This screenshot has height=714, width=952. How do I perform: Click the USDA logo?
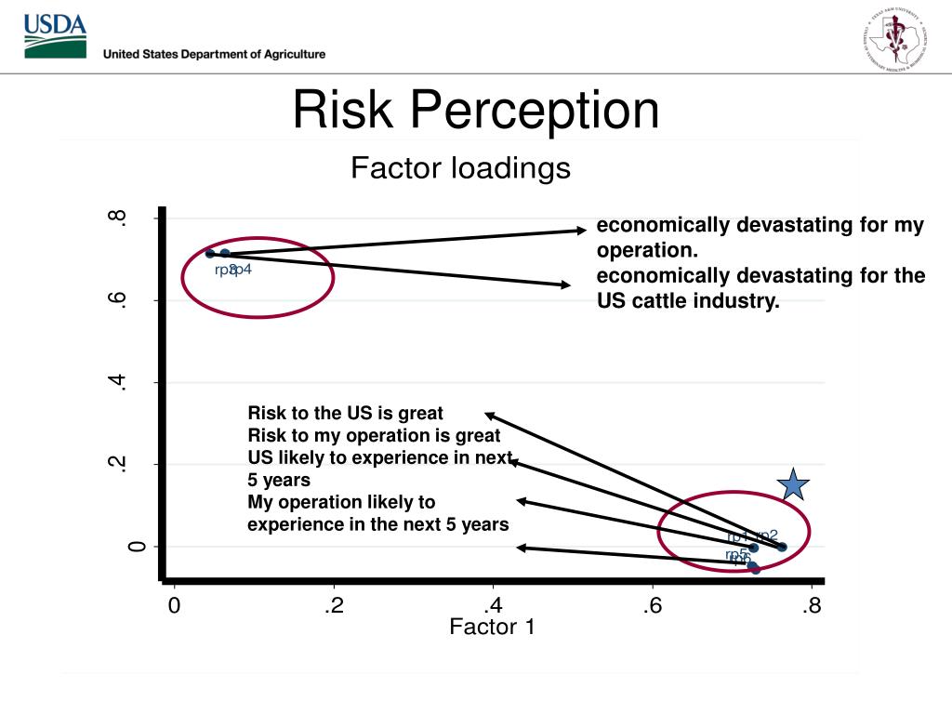(56, 35)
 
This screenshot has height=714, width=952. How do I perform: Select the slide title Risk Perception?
(476, 110)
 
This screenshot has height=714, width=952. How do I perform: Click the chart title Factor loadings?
(460, 168)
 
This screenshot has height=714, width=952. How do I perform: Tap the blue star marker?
(793, 484)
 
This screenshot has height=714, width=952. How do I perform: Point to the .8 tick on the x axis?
(812, 606)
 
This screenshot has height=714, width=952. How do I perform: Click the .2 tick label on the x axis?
(334, 606)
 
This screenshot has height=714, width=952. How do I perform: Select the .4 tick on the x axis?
(493, 606)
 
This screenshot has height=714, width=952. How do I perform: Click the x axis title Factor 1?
(492, 628)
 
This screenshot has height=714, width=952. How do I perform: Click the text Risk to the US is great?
(345, 413)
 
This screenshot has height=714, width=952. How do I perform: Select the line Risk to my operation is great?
(374, 435)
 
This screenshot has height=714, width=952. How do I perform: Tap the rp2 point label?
(767, 535)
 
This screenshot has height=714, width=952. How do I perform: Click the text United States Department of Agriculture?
(214, 54)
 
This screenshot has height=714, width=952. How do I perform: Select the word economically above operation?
(664, 226)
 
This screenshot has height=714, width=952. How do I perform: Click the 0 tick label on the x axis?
(174, 606)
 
